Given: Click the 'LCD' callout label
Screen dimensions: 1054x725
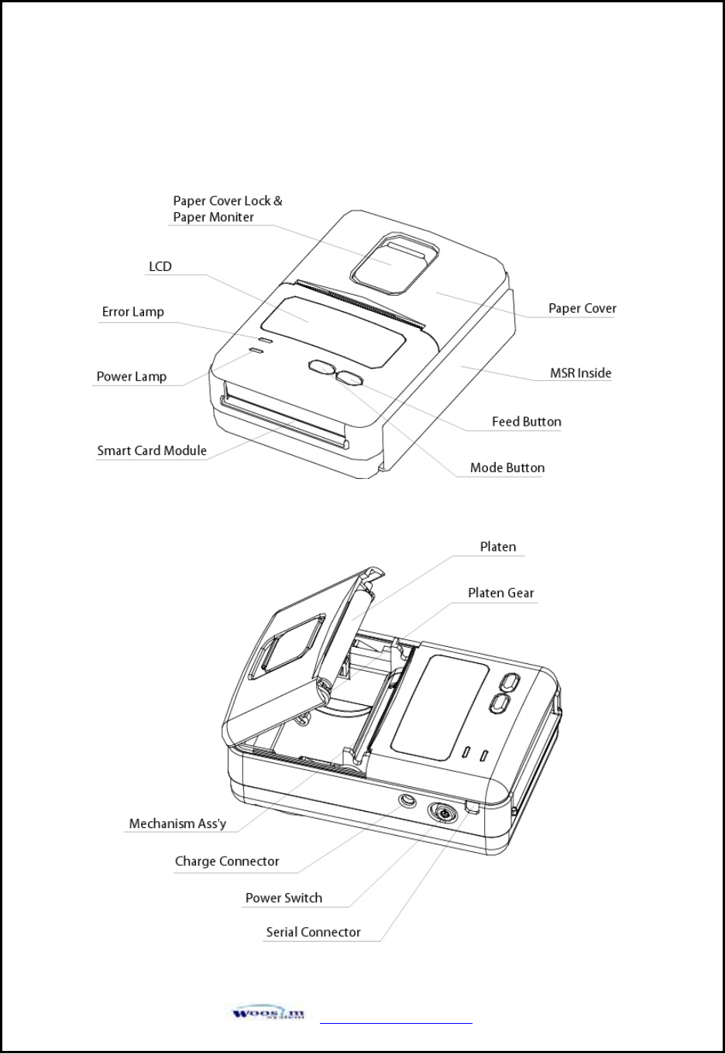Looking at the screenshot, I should point(160,266).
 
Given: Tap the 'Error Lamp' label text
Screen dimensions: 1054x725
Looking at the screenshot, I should point(133,312).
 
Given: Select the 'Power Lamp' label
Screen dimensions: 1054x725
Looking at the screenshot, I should point(132,377).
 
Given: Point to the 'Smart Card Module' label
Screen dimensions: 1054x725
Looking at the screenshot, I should point(152,450).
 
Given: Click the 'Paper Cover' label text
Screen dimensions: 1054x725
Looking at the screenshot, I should point(582,308).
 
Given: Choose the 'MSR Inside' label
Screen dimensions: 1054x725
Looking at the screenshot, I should point(581,373).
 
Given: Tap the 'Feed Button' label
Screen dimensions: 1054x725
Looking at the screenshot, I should point(527,422).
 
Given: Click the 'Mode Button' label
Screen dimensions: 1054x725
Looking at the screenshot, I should point(507,467).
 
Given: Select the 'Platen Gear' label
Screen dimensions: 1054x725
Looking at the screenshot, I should point(501,593).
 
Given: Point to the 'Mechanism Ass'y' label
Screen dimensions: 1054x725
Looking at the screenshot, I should point(177,823).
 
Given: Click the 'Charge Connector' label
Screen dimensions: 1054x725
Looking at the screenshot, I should point(227,861).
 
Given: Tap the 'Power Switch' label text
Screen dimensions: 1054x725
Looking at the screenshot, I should point(283,898).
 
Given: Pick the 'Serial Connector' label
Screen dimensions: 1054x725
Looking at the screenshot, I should point(314,933).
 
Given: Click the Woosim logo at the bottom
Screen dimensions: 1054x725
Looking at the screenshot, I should point(267,1013).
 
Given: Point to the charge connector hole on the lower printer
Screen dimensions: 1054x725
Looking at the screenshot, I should point(407,800).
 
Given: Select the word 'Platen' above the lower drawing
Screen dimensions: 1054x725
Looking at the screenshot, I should point(498,547).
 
